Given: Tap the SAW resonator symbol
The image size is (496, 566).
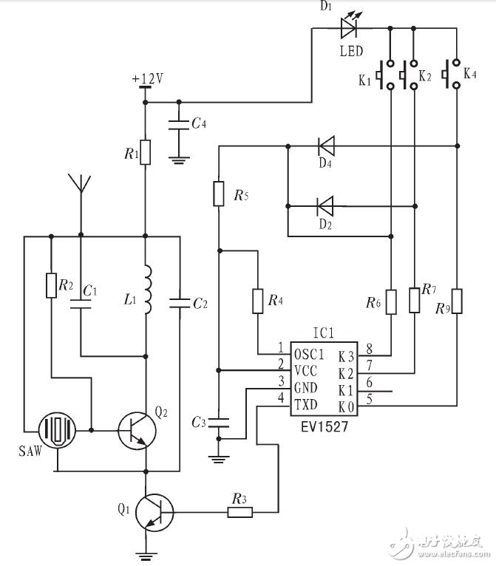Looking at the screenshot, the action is (57, 430).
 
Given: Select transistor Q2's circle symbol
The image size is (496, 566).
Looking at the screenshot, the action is (137, 431).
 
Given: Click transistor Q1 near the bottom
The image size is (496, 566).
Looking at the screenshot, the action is (154, 513).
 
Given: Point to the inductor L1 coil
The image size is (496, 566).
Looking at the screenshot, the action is (147, 290).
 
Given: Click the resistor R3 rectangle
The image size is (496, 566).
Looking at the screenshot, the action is (240, 512).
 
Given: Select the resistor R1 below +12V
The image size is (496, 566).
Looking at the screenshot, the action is (145, 152).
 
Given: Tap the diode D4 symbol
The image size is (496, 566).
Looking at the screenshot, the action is (326, 146).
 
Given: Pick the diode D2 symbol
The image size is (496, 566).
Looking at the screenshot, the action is (325, 206).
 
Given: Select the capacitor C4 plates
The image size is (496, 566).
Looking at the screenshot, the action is (179, 125).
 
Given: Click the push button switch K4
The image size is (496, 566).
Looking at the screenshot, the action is (451, 74).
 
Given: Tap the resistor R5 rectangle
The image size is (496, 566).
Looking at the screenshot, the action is (219, 194).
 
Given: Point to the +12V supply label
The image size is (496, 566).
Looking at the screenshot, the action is (148, 78).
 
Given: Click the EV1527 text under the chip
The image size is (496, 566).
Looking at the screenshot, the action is (325, 427).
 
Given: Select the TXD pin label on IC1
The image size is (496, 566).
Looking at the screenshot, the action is (306, 405).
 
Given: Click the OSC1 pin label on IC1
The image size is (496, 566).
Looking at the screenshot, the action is (309, 355).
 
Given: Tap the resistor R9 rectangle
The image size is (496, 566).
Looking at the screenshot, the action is (457, 301).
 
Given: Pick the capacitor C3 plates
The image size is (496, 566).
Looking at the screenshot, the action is (219, 423).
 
